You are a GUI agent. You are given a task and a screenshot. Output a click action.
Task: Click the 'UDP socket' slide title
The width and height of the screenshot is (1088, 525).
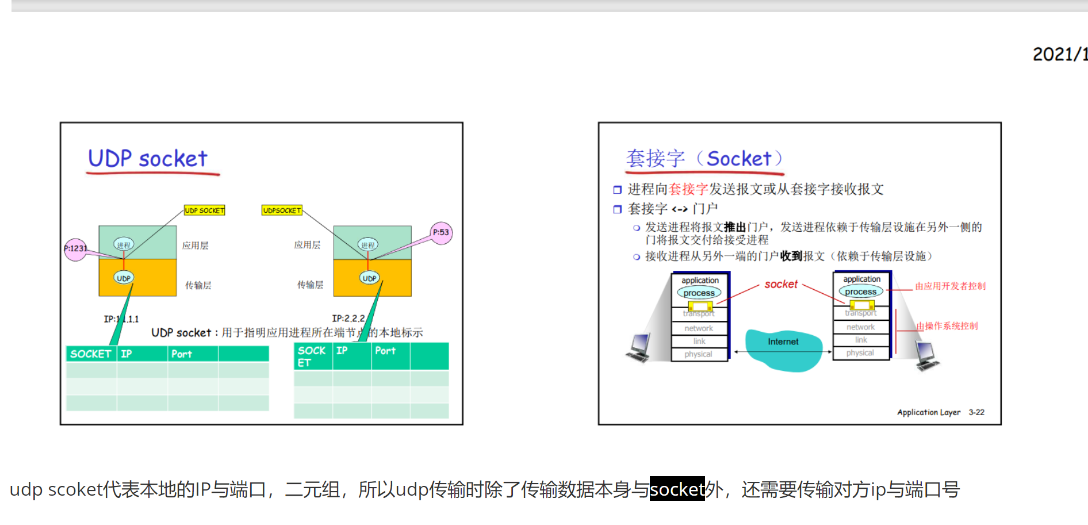pyautogui.click(x=147, y=159)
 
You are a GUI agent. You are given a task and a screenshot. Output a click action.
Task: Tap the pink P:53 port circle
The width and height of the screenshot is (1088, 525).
pyautogui.click(x=441, y=233)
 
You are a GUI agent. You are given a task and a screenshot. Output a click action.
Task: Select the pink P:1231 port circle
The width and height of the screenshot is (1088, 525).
pyautogui.click(x=75, y=249)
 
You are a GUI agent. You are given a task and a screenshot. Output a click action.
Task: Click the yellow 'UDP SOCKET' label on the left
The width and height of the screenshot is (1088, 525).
pyautogui.click(x=204, y=210)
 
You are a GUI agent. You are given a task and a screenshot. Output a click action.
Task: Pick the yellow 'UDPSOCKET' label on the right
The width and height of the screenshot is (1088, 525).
pyautogui.click(x=282, y=210)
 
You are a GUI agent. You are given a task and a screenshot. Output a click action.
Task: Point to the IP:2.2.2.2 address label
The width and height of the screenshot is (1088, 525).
pyautogui.click(x=348, y=318)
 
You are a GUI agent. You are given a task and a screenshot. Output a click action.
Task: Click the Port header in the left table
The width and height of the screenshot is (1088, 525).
pyautogui.click(x=182, y=354)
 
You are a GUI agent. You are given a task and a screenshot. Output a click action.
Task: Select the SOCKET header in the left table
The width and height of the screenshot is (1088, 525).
pyautogui.click(x=91, y=354)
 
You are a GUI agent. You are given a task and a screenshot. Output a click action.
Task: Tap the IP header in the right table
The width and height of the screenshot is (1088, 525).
pyautogui.click(x=342, y=351)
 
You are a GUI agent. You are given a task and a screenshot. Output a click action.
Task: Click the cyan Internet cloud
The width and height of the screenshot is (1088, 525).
pyautogui.click(x=783, y=348)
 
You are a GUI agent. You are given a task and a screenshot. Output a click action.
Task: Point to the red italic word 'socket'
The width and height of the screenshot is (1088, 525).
pyautogui.click(x=781, y=284)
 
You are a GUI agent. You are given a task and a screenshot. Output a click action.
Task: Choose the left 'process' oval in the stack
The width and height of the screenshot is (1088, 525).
pyautogui.click(x=699, y=293)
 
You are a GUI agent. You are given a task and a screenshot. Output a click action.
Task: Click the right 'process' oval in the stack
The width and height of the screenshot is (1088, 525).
pyautogui.click(x=861, y=292)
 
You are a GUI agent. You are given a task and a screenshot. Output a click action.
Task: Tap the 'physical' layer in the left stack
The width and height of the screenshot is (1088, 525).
pyautogui.click(x=699, y=354)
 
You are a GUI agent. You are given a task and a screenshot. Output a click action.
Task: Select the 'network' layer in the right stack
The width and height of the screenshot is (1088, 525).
pyautogui.click(x=861, y=327)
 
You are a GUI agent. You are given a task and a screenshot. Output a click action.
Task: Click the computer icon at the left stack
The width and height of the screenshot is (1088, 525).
pyautogui.click(x=639, y=348)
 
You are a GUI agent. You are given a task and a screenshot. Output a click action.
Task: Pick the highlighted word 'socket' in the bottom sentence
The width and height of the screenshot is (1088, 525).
pyautogui.click(x=677, y=489)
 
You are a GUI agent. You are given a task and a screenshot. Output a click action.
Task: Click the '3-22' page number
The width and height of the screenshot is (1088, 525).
pyautogui.click(x=976, y=412)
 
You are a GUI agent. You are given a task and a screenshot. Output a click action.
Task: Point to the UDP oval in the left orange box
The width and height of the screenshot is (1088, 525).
pyautogui.click(x=124, y=278)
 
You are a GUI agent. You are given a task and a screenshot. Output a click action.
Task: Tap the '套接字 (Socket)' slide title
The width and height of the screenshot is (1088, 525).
pyautogui.click(x=704, y=158)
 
